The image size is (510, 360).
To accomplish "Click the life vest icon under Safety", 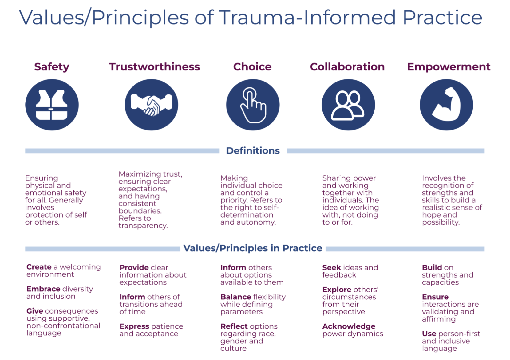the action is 52,105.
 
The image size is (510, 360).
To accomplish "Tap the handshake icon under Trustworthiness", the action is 152,105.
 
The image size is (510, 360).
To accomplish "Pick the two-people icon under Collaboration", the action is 348,105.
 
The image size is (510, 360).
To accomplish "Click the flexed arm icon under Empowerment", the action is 446,105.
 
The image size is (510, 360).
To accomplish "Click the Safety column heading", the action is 52,67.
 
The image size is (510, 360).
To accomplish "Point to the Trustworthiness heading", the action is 154,67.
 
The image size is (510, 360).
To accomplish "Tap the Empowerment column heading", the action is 449,67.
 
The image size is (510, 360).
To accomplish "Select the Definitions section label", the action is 253,150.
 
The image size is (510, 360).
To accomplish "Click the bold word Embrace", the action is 43,289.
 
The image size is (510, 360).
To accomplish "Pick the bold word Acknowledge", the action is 349,326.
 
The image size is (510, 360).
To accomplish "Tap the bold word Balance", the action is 236,297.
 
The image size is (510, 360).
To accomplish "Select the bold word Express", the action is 134,326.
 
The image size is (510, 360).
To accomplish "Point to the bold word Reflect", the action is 234,326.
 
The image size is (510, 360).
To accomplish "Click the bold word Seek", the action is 331,267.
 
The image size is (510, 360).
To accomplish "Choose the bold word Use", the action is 429,334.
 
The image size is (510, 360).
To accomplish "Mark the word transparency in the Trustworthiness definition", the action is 143,226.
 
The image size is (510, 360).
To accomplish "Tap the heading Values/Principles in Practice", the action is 253,248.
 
